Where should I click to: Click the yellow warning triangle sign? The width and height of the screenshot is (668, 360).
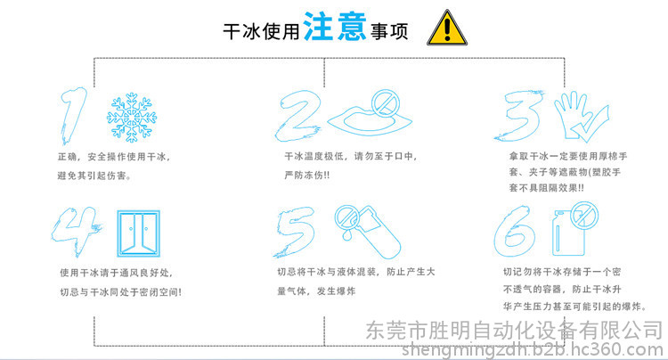[x=447, y=29]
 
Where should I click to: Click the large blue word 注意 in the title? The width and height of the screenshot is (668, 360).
[x=335, y=27]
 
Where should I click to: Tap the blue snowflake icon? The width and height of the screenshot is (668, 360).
[x=132, y=117]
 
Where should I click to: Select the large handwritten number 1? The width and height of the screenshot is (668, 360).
[x=72, y=115]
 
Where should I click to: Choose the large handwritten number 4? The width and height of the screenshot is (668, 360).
[x=76, y=232]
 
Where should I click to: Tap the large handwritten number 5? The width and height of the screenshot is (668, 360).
[x=295, y=233]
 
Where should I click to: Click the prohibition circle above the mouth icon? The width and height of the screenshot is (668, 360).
[x=386, y=103]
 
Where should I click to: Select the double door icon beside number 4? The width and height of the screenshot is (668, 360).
[x=139, y=233]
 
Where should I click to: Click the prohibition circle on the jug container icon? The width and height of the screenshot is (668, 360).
[x=584, y=216]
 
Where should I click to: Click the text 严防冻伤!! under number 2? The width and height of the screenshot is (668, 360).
[x=306, y=175]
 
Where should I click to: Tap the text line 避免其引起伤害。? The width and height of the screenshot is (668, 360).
[x=94, y=176]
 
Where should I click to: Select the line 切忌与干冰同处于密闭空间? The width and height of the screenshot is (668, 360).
[x=120, y=292]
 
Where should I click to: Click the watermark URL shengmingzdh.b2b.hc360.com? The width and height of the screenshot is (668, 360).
[x=532, y=350]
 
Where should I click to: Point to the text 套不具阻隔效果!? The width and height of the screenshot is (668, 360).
[x=547, y=188]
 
